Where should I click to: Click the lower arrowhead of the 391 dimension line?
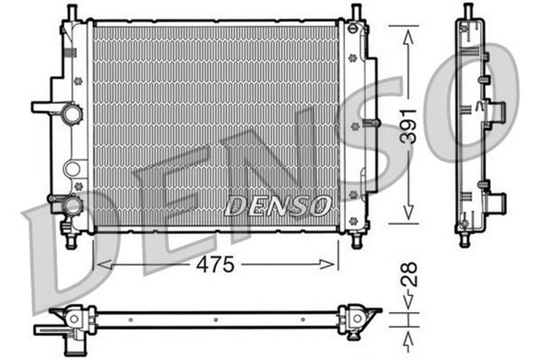tap(408, 218)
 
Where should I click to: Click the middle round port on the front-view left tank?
tap(74, 165)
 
